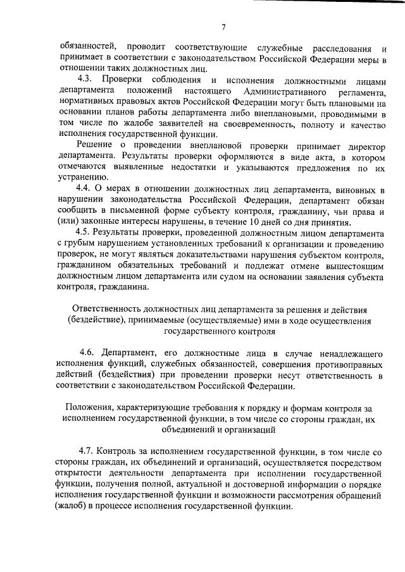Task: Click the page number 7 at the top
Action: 223,26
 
